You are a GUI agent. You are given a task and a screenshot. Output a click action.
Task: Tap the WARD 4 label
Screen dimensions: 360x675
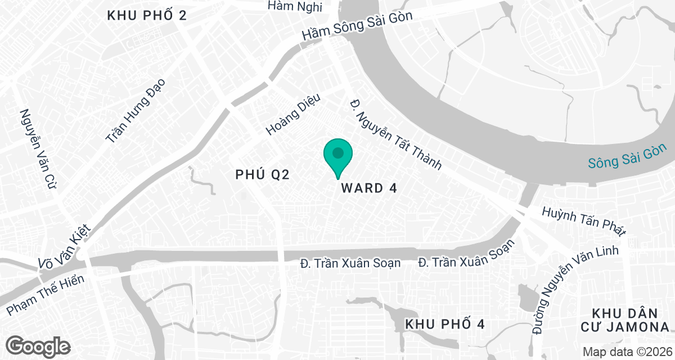pos(369,188)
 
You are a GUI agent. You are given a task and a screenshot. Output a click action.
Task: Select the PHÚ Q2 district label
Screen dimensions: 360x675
pos(262,175)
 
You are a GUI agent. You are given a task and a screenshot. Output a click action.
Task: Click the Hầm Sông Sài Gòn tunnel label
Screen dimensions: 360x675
pos(357,26)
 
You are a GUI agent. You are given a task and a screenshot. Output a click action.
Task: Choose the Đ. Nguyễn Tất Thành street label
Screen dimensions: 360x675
pos(395,136)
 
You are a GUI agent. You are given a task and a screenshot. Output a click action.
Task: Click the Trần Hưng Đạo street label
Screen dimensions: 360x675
pos(135,111)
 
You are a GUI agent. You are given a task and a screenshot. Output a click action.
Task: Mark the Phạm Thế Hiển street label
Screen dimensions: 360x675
pos(46,295)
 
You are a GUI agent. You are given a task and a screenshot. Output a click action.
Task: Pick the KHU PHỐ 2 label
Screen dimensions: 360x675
pos(147,16)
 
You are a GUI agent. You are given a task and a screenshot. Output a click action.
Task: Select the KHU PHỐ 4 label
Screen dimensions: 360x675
pos(444,325)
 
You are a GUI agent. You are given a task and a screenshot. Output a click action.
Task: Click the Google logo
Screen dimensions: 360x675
pos(38,345)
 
